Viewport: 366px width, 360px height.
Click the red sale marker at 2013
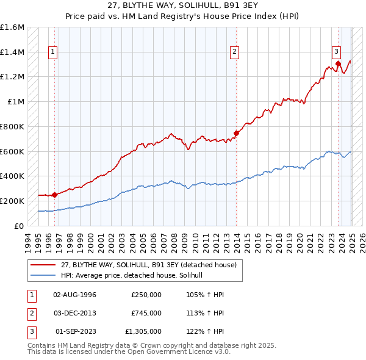pyautogui.click(x=236, y=133)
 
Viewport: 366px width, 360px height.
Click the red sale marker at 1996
pyautogui.click(x=54, y=195)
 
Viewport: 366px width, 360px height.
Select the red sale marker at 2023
pyautogui.click(x=338, y=63)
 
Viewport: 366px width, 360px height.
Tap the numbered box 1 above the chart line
pyautogui.click(x=54, y=52)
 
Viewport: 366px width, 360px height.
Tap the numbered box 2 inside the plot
pyautogui.click(x=234, y=52)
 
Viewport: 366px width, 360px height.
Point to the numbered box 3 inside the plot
pyautogui.click(x=336, y=51)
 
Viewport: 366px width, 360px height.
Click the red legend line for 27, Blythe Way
pyautogui.click(x=43, y=265)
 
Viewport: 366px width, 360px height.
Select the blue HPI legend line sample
pyautogui.click(x=43, y=275)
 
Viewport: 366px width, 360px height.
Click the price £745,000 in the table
pyautogui.click(x=146, y=313)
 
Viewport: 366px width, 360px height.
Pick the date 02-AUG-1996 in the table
pyautogui.click(x=75, y=295)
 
